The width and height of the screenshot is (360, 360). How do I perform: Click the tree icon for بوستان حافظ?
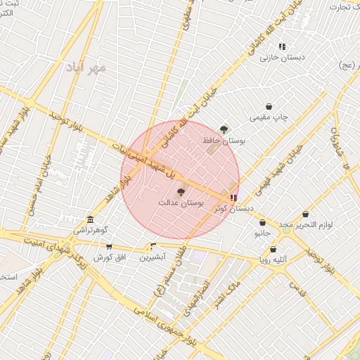pos(224,129)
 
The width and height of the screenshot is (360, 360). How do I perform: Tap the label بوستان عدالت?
pos(181,202)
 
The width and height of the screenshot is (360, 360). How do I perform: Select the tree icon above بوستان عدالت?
pos(181,191)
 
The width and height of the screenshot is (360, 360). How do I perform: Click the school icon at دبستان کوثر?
pos(233,198)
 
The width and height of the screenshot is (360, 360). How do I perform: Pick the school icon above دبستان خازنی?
pos(282,47)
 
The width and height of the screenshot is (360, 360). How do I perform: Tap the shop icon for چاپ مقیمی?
pos(269,106)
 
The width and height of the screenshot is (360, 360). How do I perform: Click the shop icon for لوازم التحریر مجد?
pos(305,214)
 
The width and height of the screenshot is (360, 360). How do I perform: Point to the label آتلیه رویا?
pos(273,259)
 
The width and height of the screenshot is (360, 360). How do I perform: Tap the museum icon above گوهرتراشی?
pos(89,219)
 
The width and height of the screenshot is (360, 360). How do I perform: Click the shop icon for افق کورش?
pos(109,247)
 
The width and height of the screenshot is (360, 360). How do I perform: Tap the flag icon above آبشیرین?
pos(153,246)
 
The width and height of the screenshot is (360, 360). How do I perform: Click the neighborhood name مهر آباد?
pos(85,68)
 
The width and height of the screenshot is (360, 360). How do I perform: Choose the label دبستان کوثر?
pos(236,209)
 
